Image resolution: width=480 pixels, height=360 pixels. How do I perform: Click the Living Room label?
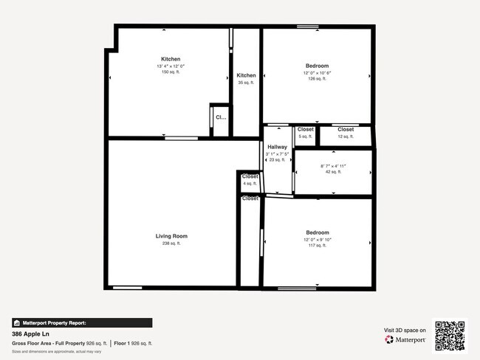[x=172, y=236]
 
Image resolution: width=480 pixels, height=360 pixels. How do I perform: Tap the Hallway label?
[x=278, y=147]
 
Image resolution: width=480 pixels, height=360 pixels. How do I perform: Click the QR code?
[x=450, y=335]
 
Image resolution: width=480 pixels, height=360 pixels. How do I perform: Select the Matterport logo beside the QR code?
[x=405, y=339]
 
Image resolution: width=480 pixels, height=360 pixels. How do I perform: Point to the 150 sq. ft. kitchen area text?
[x=171, y=72]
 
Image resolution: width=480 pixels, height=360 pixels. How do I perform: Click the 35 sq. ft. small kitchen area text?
[x=246, y=83]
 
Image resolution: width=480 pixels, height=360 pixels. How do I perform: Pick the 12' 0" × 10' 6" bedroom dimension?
[x=318, y=72]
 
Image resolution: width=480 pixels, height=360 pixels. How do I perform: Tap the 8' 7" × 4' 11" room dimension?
[x=332, y=167]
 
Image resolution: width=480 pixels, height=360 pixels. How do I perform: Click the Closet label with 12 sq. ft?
[x=346, y=130]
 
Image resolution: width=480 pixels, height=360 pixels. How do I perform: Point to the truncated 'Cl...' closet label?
[x=220, y=117]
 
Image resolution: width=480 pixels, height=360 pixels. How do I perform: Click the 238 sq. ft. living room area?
[x=172, y=243]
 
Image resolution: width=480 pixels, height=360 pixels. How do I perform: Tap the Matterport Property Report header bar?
[x=82, y=322]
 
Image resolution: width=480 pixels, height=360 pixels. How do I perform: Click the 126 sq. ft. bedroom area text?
[x=318, y=79]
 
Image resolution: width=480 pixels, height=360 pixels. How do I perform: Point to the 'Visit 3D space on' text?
[x=405, y=330]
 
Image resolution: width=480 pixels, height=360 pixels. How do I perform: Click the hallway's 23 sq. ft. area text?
[x=278, y=159]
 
